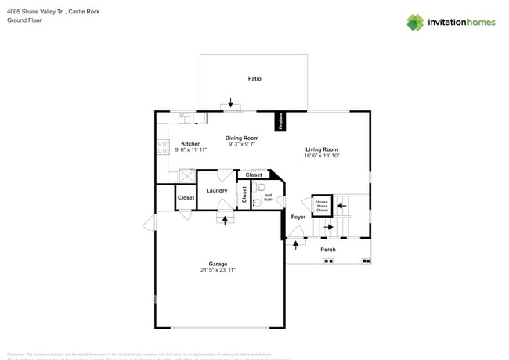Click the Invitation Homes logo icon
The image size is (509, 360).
(415, 22)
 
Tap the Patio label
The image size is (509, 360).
(254, 79)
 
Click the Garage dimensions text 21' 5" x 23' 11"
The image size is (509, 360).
(218, 270)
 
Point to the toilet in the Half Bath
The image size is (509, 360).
(262, 188)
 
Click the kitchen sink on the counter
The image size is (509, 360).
(185, 118)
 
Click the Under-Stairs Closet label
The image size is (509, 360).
(322, 206)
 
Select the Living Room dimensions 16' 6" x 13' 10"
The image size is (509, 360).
(321, 156)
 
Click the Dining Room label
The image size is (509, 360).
(242, 138)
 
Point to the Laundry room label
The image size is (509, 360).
(217, 190)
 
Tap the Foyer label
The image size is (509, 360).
(298, 217)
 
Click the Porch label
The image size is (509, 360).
(328, 250)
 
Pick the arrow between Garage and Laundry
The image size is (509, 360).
(226, 220)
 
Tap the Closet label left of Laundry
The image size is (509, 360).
(186, 198)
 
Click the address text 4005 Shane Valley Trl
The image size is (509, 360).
(38, 12)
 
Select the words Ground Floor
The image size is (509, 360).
(23, 20)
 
